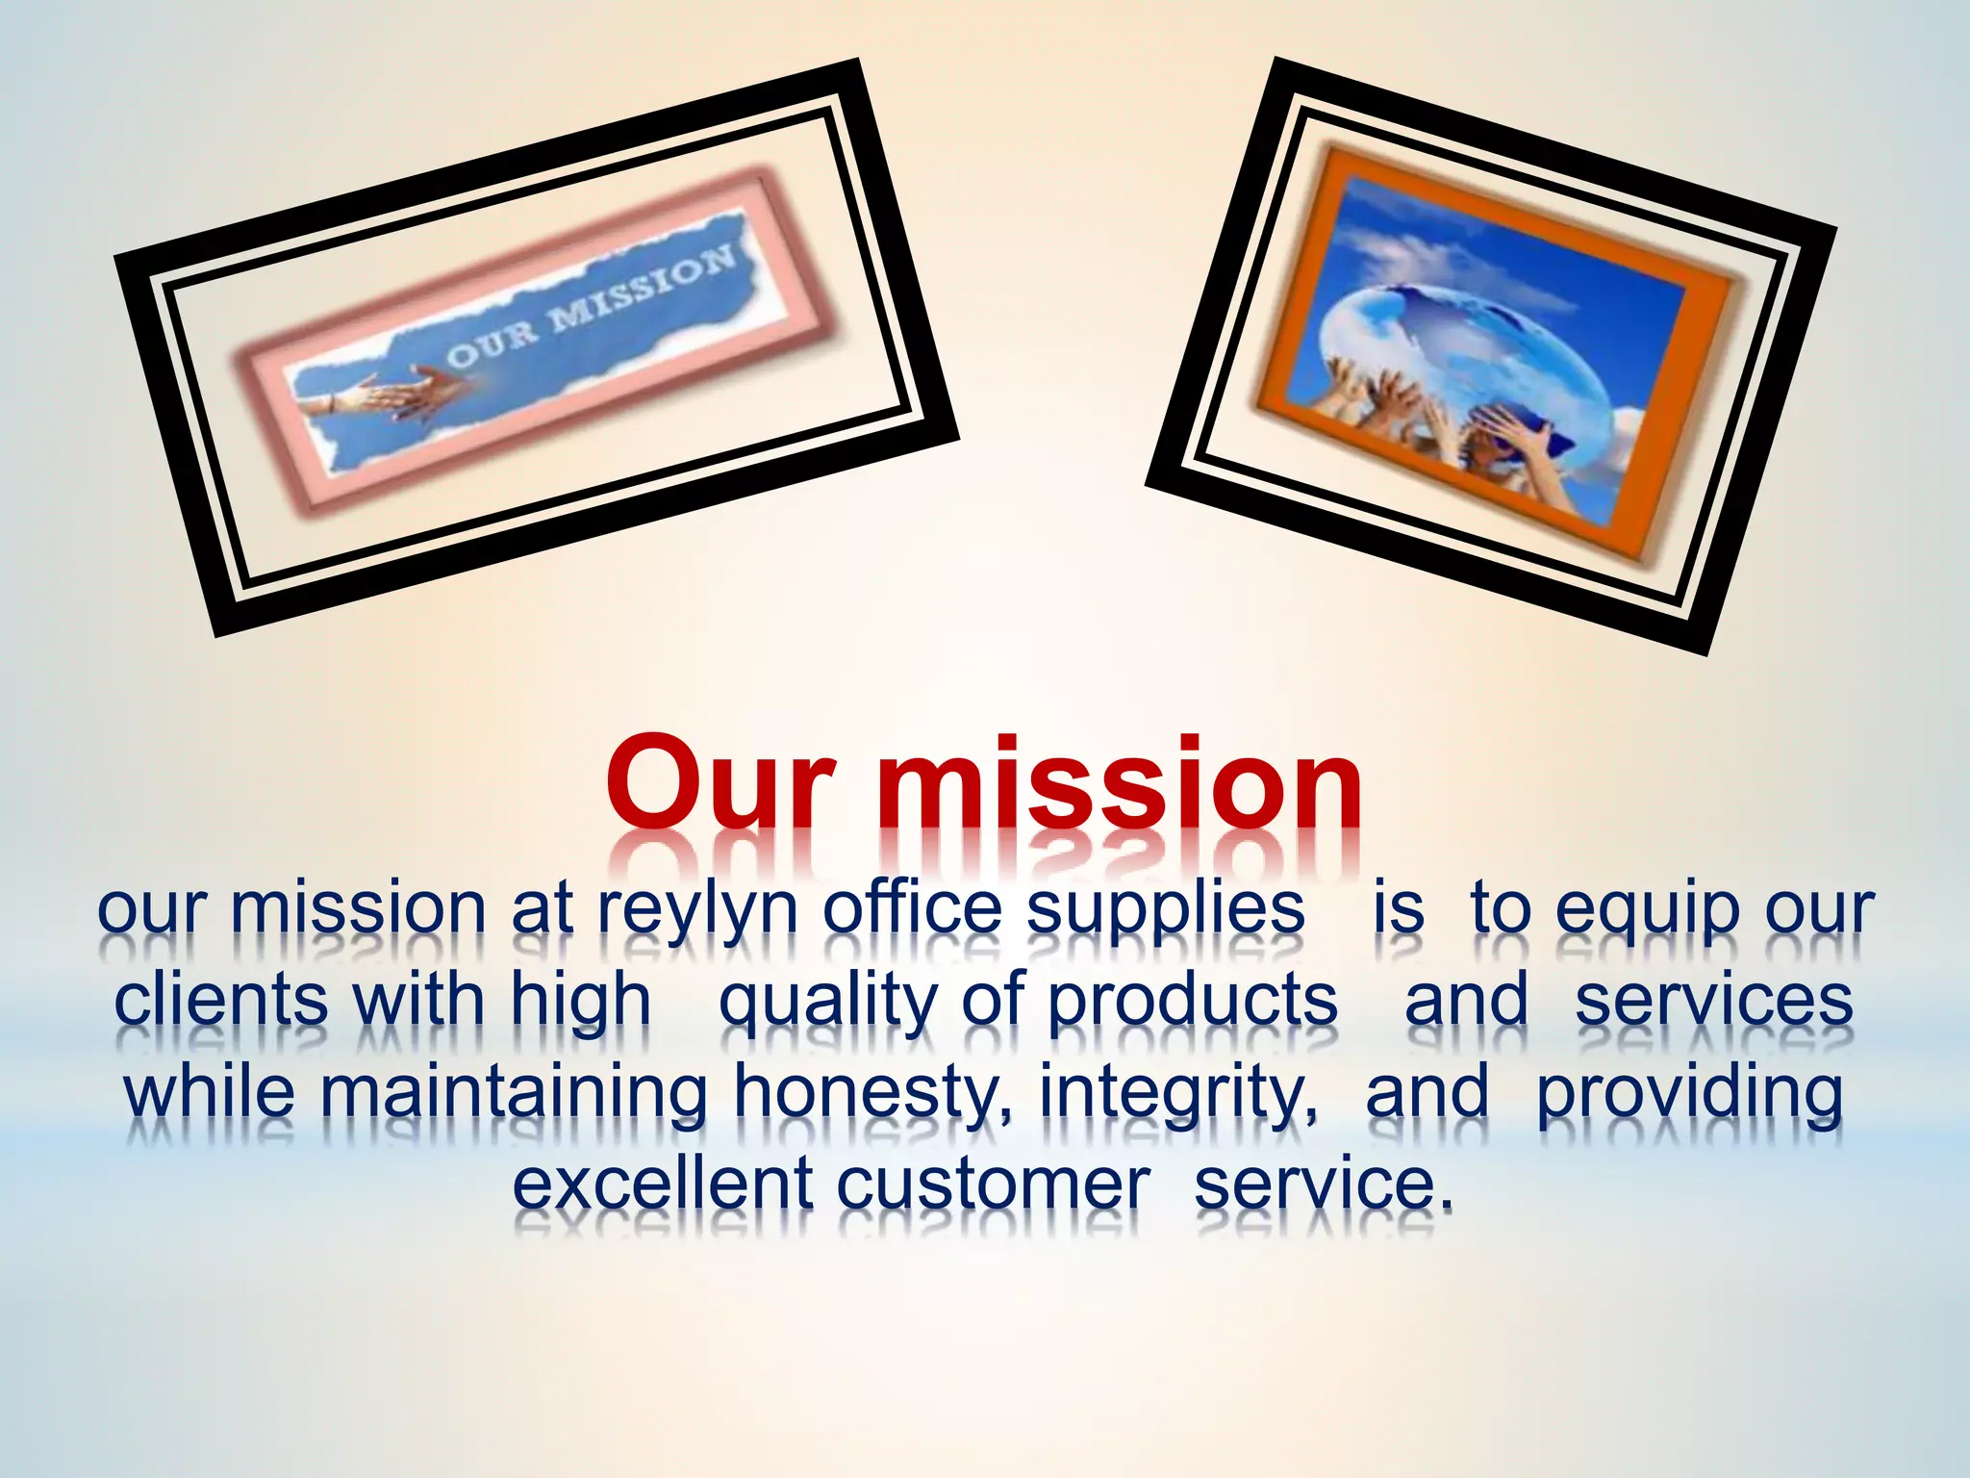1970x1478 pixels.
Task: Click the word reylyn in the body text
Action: [697, 909]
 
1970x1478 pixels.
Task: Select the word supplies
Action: [1165, 909]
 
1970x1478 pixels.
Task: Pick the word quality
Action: [827, 1001]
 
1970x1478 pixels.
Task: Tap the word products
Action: [1192, 1001]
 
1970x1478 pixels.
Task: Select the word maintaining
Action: [513, 1093]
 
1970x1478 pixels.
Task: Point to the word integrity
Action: [1178, 1093]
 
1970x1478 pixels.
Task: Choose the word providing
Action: [1689, 1093]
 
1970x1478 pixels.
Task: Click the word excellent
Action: [663, 1184]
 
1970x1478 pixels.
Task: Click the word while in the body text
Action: [210, 1091]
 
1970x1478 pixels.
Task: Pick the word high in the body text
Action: [581, 1001]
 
